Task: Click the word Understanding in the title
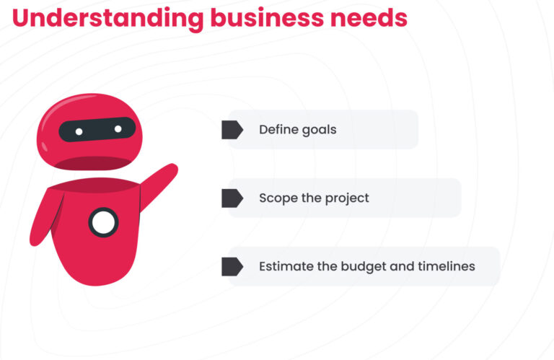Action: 107,18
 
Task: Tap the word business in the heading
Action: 267,17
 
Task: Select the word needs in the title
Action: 369,18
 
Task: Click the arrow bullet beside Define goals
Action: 232,130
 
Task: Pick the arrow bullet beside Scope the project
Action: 232,198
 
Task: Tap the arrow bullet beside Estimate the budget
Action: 232,266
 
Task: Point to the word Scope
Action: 278,198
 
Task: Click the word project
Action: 347,198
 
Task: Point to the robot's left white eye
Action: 79,132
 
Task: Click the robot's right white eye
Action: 118,129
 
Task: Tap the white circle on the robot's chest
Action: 103,223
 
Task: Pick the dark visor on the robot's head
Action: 97,130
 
